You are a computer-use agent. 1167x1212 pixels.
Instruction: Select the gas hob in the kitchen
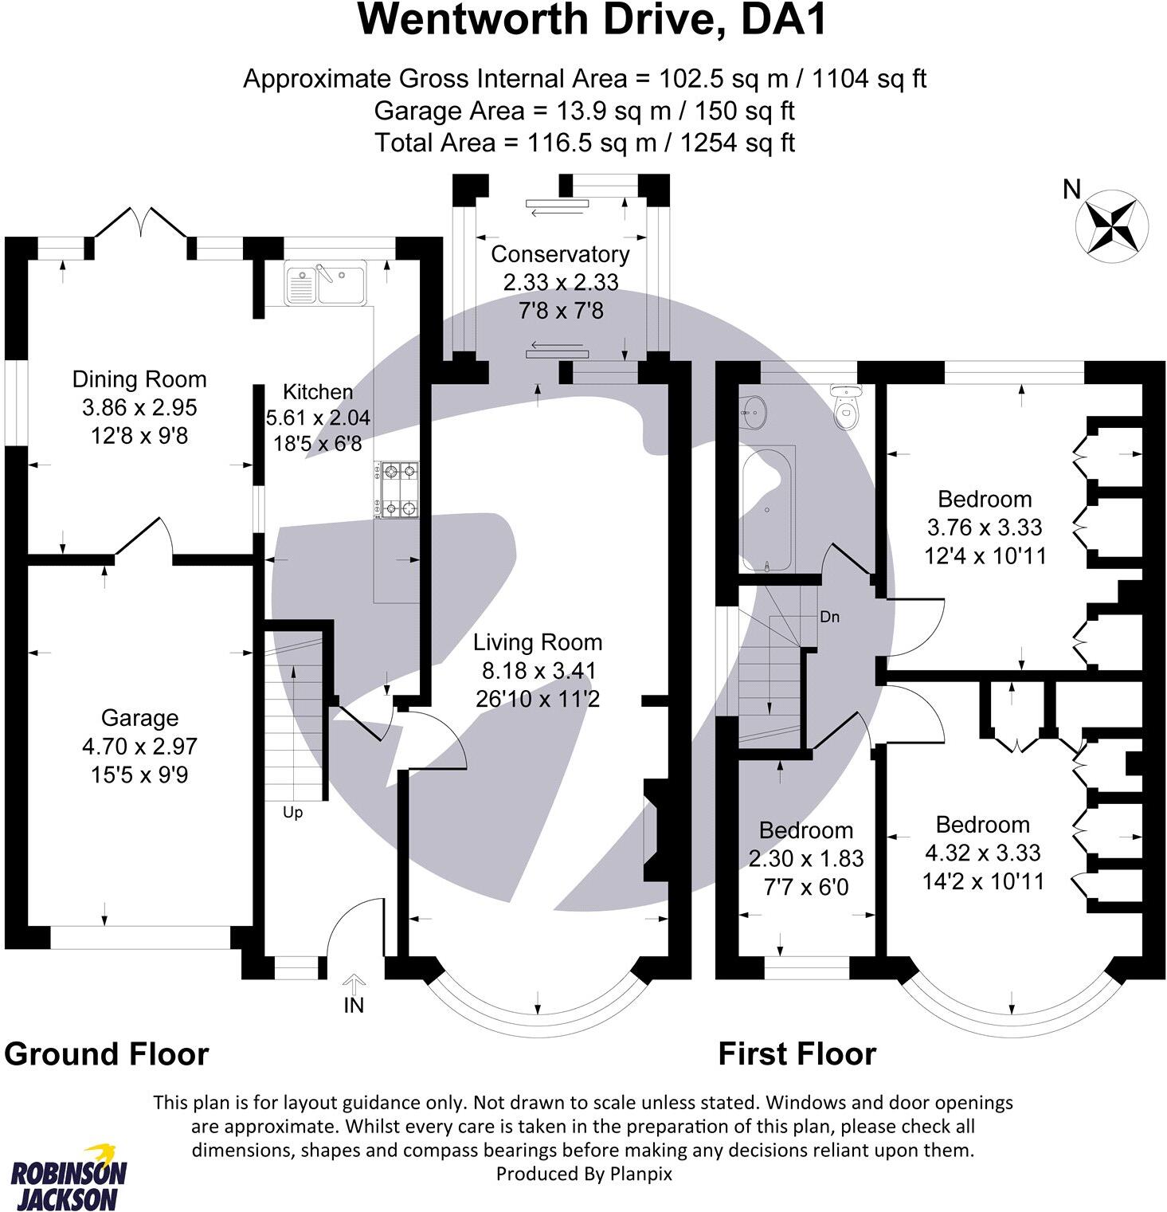click(397, 490)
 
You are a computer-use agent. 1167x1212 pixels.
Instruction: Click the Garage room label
click(139, 718)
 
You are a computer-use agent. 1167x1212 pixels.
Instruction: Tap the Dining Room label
click(139, 379)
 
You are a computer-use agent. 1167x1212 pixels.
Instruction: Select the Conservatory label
click(560, 254)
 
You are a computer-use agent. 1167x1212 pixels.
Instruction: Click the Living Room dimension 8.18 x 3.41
click(538, 671)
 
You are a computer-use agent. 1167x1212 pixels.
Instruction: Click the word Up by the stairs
click(293, 813)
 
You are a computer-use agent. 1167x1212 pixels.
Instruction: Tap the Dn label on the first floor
click(829, 617)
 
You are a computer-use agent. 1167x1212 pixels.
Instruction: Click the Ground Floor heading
click(107, 1054)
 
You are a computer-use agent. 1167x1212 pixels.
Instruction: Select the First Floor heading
click(797, 1054)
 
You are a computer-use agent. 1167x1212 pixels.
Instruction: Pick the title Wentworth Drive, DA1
click(593, 21)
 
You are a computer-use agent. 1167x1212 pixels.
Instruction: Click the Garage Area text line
click(584, 111)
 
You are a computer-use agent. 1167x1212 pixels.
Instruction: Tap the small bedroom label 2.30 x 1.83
click(806, 858)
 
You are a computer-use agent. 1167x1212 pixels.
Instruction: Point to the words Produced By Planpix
click(584, 1173)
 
